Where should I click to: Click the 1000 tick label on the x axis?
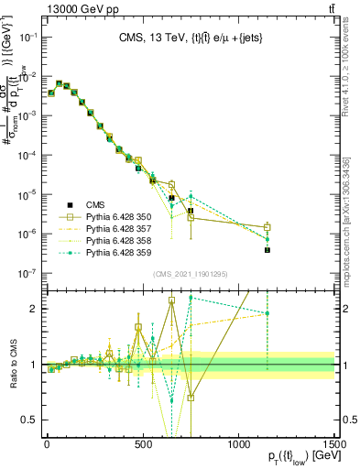239,446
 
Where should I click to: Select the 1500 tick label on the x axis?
335,446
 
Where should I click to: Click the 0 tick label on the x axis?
46,446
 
